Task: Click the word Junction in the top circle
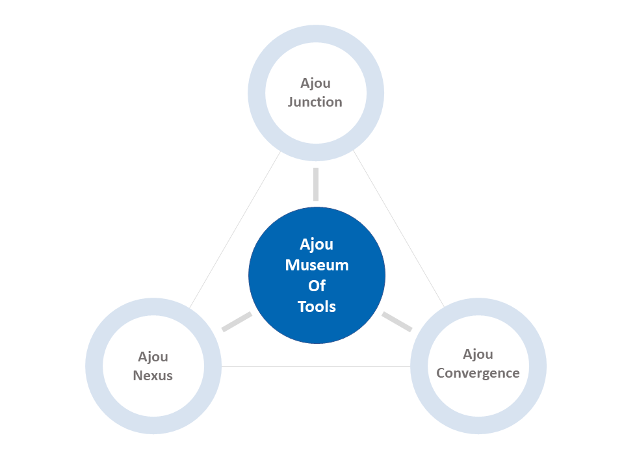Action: coord(315,102)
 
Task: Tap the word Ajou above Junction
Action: coord(315,84)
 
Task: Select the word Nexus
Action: coord(153,376)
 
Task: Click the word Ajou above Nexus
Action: coord(153,357)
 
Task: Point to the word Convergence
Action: coord(478,374)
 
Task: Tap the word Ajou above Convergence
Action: coord(478,354)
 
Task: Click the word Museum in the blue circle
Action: coord(317,265)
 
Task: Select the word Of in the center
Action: coord(317,286)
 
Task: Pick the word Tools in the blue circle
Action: coord(317,307)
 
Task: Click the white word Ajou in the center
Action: coord(317,245)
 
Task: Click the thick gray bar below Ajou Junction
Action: coord(316,184)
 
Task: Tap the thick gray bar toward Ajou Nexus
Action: coord(237,322)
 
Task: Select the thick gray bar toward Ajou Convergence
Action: coord(396,322)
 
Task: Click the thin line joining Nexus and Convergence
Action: coord(316,366)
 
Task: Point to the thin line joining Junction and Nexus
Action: coord(235,229)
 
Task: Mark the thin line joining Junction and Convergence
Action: coord(398,228)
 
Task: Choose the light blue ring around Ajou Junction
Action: coord(316,33)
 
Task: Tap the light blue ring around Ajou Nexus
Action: coord(153,306)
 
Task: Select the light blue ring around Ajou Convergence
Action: coord(478,306)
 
